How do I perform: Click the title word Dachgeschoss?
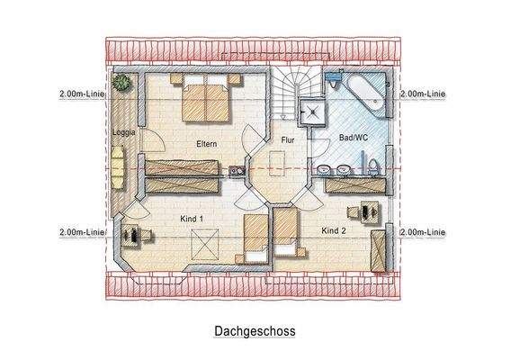coord(255,330)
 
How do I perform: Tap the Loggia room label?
coord(123,132)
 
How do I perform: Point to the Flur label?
coord(288,140)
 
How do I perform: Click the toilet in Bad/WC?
coord(372,166)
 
